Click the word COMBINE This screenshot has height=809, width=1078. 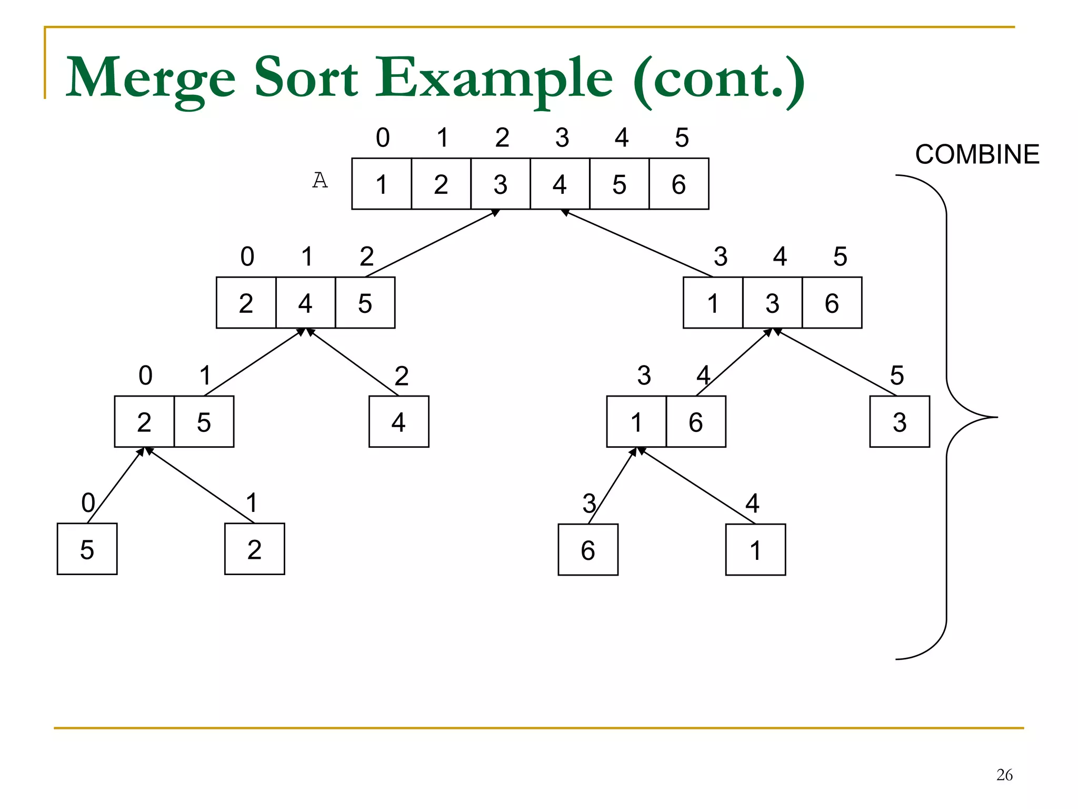pyautogui.click(x=977, y=154)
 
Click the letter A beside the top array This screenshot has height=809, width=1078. pyautogui.click(x=320, y=181)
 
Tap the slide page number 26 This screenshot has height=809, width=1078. pyautogui.click(x=1004, y=775)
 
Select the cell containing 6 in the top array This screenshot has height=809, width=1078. pyautogui.click(x=678, y=184)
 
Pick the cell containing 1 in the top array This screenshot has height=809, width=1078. pyautogui.click(x=382, y=184)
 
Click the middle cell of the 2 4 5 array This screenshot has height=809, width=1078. pyautogui.click(x=305, y=303)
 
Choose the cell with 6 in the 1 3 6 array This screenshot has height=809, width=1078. pyautogui.click(x=832, y=303)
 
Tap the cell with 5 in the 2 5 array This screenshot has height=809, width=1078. pyautogui.click(x=204, y=422)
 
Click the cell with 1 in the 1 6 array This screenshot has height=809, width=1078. pyautogui.click(x=636, y=422)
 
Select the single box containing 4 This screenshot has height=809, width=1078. pyautogui.click(x=398, y=422)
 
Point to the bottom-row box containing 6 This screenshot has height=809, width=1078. pyautogui.click(x=588, y=550)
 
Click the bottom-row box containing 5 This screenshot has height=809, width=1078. pyautogui.click(x=87, y=549)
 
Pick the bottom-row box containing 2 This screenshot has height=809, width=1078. pyautogui.click(x=254, y=549)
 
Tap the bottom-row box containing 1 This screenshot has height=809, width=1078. pyautogui.click(x=755, y=550)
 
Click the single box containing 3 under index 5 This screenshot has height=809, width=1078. pyautogui.click(x=900, y=422)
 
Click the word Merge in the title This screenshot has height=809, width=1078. pyautogui.click(x=151, y=77)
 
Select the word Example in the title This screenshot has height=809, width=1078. pyautogui.click(x=494, y=77)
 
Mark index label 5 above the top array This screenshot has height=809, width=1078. pyautogui.click(x=682, y=137)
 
